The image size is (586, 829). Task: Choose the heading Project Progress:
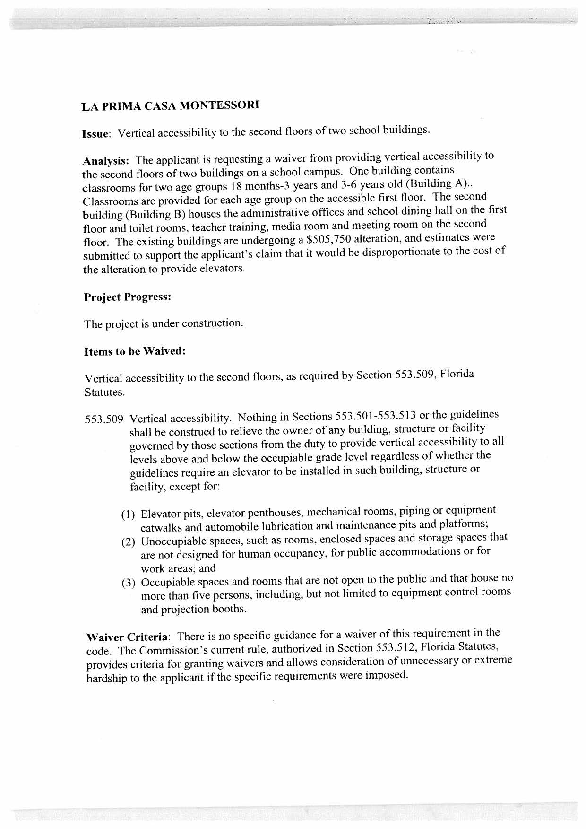(x=127, y=297)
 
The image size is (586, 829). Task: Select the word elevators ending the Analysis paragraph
(x=226, y=269)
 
